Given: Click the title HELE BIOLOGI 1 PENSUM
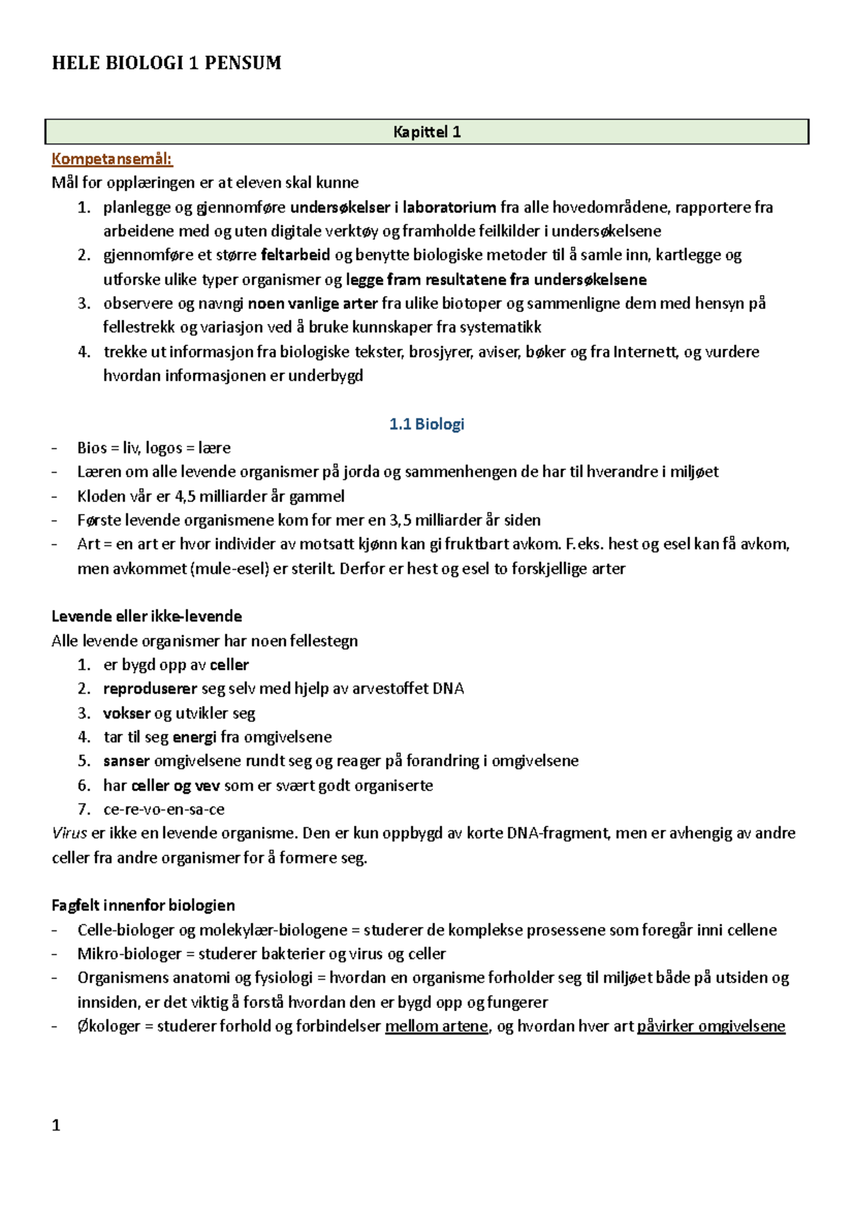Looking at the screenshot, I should click(166, 63).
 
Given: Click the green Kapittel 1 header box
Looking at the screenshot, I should click(426, 132).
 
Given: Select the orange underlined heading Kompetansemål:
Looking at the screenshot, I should click(112, 159).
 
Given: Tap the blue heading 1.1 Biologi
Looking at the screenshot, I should click(426, 424).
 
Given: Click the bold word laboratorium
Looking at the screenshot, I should click(449, 207).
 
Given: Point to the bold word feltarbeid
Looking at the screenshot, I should click(296, 254).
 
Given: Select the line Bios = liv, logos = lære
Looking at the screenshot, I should click(154, 448).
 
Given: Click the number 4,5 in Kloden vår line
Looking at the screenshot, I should click(185, 496).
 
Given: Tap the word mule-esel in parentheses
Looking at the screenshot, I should click(230, 569).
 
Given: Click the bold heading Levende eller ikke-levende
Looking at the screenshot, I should click(146, 616).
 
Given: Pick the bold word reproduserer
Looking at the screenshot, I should click(150, 688).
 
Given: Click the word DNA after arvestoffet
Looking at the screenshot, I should click(448, 688).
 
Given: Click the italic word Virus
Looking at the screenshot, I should click(69, 833).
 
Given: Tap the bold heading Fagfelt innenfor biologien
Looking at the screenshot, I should click(143, 905).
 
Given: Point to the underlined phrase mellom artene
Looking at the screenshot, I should click(436, 1026).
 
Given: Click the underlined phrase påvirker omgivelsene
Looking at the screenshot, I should click(711, 1026).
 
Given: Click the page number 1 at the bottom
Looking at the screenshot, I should click(56, 1125).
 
